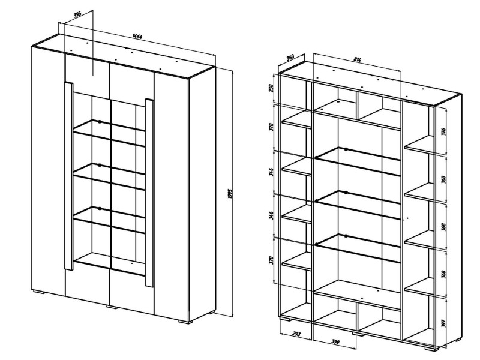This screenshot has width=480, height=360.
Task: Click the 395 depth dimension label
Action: click(77, 14)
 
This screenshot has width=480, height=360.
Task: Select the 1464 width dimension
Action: click(137, 36)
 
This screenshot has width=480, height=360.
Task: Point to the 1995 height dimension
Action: click(230, 193)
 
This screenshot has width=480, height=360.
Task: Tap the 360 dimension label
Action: click(290, 57)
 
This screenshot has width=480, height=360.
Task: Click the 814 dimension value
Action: click(357, 59)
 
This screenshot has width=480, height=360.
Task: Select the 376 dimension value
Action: click(443, 132)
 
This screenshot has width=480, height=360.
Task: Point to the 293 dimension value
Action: click(296, 334)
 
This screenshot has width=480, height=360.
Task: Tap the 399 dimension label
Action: click(335, 342)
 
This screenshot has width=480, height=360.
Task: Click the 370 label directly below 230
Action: click(271, 127)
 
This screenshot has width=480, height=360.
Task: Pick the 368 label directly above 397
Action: click(443, 274)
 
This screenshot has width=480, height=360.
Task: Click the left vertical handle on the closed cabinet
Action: click(69, 176)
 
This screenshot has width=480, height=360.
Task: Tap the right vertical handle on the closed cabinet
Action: click(149, 193)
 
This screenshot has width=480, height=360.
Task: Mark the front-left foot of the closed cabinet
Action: click(39, 292)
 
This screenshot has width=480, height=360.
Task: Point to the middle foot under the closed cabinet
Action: click(112, 306)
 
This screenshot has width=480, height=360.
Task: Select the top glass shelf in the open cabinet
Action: click(358, 161)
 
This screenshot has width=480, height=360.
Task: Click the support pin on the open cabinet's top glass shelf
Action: click(346, 149)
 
